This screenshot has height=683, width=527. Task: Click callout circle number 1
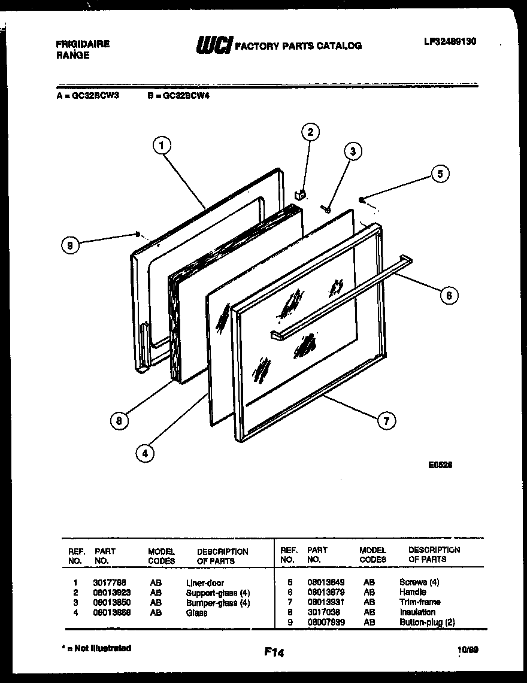click(162, 144)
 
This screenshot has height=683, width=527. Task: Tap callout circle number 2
click(310, 132)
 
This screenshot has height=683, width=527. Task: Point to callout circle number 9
click(71, 245)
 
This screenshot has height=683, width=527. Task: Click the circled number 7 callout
click(387, 421)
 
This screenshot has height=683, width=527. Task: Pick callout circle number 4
click(144, 454)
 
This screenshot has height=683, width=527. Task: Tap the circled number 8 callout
click(119, 421)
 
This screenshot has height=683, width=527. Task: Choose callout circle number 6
click(449, 295)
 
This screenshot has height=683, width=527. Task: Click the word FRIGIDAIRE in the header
click(82, 44)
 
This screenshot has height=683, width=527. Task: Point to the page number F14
click(273, 653)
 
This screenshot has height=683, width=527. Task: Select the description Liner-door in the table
click(205, 582)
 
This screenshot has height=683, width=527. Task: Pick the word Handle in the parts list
click(413, 592)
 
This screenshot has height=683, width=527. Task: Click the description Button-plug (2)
click(427, 623)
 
